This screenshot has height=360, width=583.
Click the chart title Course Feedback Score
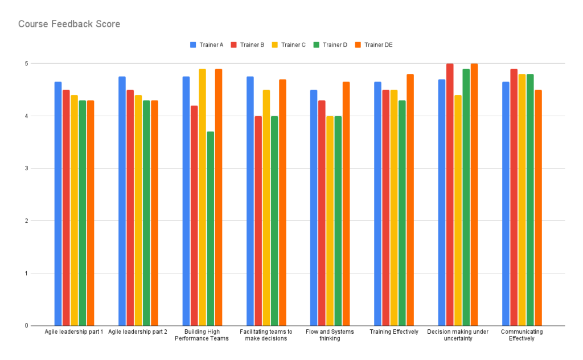pos(69,24)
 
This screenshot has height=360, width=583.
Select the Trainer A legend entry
pos(207,45)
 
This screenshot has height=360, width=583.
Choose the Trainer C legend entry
pos(290,45)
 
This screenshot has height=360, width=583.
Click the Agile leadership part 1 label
pos(74,332)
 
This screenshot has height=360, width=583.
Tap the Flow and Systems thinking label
pos(330,335)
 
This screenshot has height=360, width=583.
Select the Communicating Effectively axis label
pos(522,335)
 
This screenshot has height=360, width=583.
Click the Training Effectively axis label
pos(394,332)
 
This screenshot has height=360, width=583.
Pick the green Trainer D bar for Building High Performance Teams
pos(211,228)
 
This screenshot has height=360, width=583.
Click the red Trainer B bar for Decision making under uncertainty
pos(450,194)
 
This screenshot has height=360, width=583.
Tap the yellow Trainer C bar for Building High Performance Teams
pos(202,197)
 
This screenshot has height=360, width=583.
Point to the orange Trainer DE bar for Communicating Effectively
pos(538,207)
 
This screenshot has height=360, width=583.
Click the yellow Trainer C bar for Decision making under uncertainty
pos(458,210)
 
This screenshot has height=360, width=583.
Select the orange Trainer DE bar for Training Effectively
pos(410,199)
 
